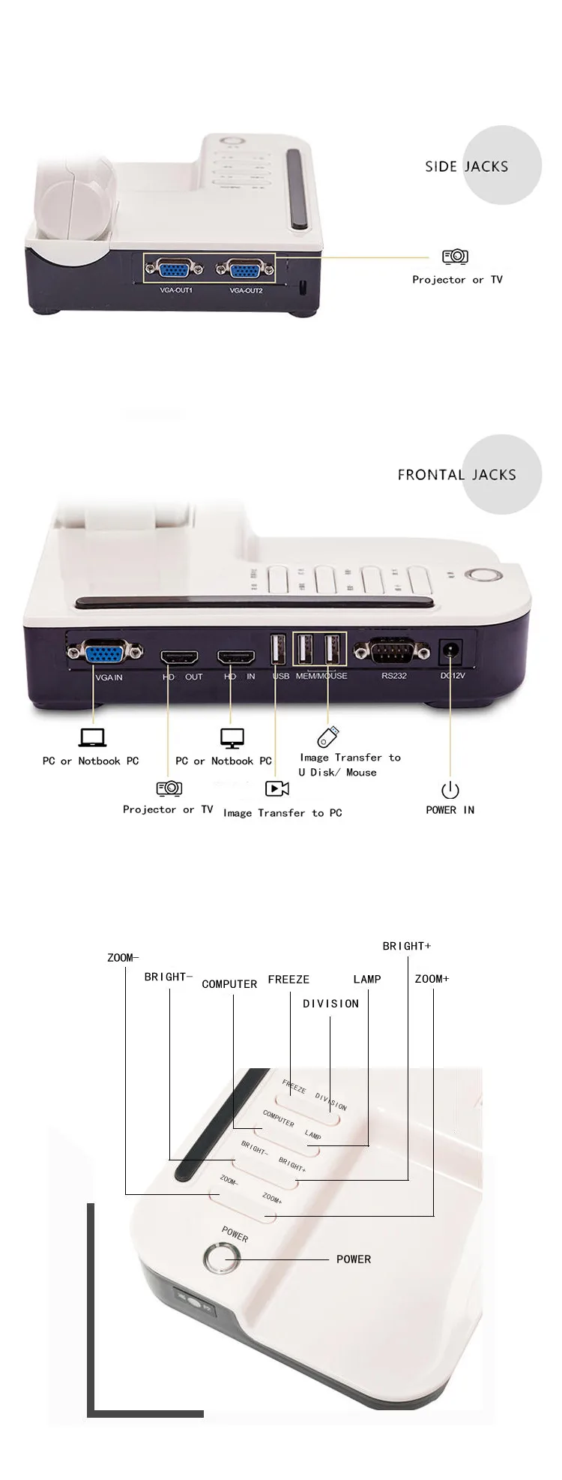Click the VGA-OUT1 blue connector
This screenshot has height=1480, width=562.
pos(175,270)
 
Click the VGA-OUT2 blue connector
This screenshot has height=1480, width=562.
pos(246,270)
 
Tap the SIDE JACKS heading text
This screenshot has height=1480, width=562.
pos(466,167)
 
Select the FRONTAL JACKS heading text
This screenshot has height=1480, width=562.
pos(456,474)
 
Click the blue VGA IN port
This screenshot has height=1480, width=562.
pos(105,653)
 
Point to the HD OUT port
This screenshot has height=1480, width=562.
pos(179,658)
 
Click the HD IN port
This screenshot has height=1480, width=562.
pos(236,658)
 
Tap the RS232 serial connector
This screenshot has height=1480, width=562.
pos(391,652)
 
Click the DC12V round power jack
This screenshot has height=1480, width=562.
pos(450,651)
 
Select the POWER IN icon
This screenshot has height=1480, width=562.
pos(450,790)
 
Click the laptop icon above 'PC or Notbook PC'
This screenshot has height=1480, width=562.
pos(92,737)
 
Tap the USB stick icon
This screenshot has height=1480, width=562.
pos(327,737)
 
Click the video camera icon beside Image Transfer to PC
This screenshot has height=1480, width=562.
pos(277,788)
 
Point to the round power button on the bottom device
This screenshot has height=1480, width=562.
pos(220,1258)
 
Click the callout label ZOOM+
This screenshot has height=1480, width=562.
pos(432,978)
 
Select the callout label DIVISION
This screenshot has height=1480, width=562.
pos(330,1004)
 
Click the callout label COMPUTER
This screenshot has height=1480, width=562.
pos(229,984)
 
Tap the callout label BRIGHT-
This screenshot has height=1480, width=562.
pos(168,977)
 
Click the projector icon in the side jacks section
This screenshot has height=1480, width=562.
pos(455,257)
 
